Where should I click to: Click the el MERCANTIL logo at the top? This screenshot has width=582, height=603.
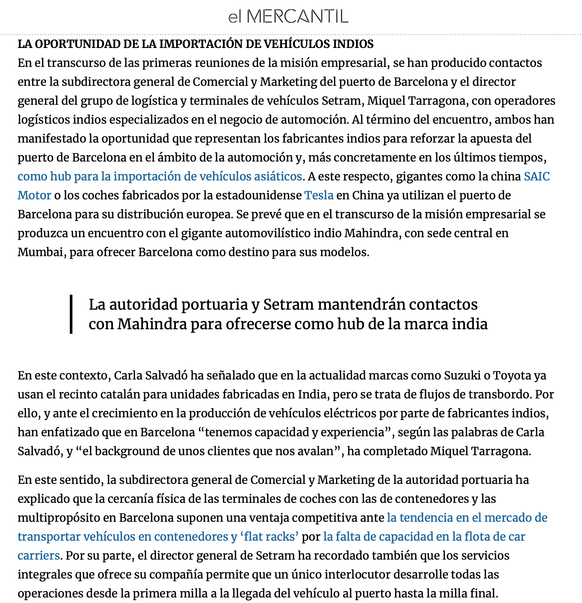[x=288, y=16]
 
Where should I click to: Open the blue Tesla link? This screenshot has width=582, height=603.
[x=319, y=195]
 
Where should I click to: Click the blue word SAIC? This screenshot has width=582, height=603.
[x=537, y=177]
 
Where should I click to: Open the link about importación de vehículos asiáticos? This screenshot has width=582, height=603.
[x=160, y=177]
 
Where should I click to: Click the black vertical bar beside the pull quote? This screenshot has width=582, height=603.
[x=71, y=314]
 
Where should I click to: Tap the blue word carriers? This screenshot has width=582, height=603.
[x=38, y=556]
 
